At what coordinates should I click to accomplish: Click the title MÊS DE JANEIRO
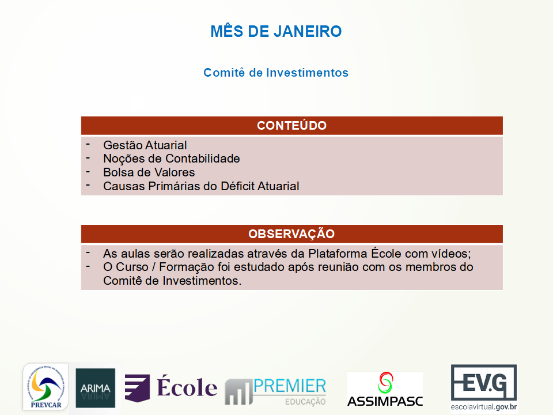click(276, 31)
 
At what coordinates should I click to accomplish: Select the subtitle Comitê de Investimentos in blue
click(276, 73)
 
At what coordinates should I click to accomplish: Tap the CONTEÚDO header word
click(291, 125)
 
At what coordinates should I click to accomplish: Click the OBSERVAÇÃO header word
click(291, 233)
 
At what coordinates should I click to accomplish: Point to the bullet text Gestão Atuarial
click(145, 145)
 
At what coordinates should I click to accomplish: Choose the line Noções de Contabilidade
click(172, 159)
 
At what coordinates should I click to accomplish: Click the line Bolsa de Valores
click(149, 172)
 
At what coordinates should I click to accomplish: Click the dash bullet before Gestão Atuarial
click(88, 144)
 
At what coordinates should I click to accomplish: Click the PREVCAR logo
click(46, 387)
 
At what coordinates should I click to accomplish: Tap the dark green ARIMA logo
click(95, 388)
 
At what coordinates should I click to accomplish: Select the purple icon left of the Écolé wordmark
click(137, 388)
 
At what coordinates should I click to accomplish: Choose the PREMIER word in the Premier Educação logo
click(290, 386)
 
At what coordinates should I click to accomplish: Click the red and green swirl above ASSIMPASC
click(385, 383)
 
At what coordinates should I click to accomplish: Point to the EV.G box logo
click(484, 382)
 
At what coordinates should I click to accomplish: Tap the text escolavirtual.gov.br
click(483, 407)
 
